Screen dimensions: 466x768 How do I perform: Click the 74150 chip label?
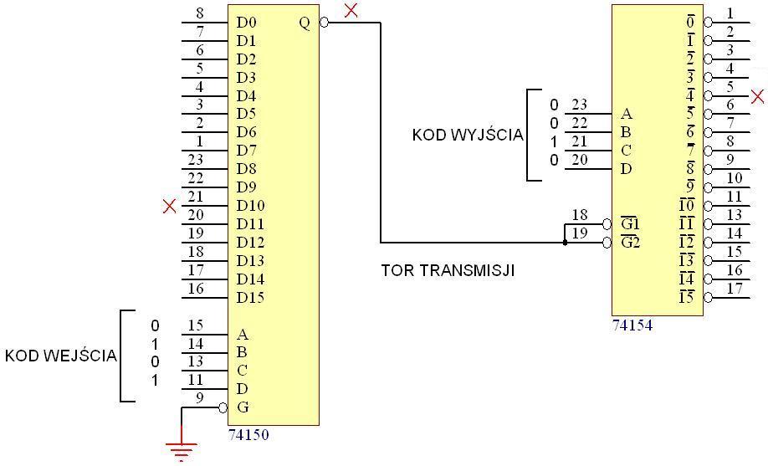(x=248, y=435)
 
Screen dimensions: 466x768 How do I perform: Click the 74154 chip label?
(x=632, y=325)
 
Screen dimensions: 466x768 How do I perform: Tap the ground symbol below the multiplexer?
(x=182, y=449)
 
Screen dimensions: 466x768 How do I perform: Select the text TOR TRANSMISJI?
(x=448, y=270)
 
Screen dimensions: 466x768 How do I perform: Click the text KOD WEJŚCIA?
(x=60, y=356)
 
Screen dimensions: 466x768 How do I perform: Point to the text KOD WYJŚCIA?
(x=467, y=135)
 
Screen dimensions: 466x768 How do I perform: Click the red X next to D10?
(x=169, y=206)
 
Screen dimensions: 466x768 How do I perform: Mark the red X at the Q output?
(x=351, y=10)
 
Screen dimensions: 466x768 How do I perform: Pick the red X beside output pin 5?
(x=758, y=97)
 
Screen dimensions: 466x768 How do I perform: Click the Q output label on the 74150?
(x=305, y=23)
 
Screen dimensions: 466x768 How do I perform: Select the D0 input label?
(x=246, y=23)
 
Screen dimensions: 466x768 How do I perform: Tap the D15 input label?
(x=250, y=298)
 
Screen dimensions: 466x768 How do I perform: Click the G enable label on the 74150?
(x=243, y=407)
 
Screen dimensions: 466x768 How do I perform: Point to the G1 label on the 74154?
(x=630, y=224)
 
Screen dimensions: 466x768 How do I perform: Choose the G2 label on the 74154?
(x=630, y=243)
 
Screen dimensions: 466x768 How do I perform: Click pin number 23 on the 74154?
(x=579, y=105)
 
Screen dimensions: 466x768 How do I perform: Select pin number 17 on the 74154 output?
(x=735, y=289)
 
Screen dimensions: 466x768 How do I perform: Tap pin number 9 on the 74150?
(x=199, y=398)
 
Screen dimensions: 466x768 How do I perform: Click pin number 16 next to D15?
(x=195, y=289)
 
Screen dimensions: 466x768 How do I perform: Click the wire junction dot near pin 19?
(x=565, y=243)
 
